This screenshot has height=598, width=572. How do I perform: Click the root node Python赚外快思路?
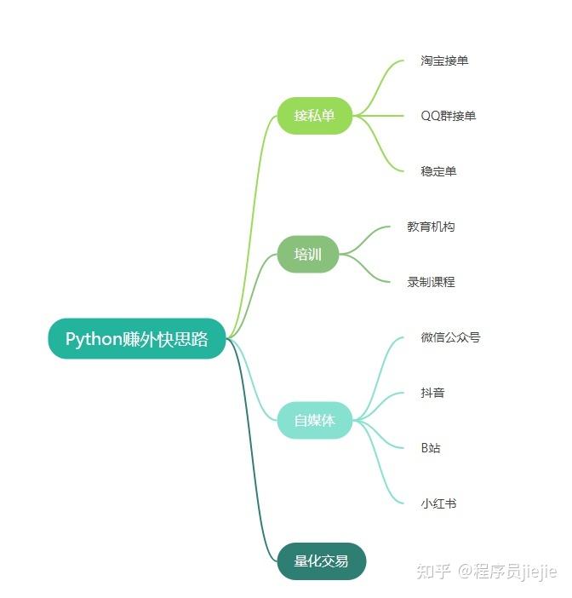pos(137,339)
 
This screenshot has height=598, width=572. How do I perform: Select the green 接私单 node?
pos(315,115)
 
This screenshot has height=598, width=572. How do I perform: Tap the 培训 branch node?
pos(308,254)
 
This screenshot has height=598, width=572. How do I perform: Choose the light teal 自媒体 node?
pos(315,420)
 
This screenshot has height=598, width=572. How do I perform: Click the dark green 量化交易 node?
pos(321,561)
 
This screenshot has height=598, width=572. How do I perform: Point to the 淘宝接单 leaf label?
pos(444,60)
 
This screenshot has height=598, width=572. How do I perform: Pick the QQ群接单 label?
pos(449,116)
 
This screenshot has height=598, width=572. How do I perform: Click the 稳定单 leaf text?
pos(438,171)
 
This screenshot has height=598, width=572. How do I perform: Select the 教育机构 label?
pos(431,227)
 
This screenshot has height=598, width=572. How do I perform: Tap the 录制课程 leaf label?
pos(431,282)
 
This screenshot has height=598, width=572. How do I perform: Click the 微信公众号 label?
pos(450,337)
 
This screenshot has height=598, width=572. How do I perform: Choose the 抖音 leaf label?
pos(432,393)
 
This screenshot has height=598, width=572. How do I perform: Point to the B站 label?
pos(431,448)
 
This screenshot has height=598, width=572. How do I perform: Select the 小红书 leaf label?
pos(438,503)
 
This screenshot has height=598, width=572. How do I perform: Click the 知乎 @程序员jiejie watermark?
pos(484,571)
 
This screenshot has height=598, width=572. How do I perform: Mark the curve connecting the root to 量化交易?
pos(253,477)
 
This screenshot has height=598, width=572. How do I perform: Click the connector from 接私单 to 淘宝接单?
pos(379,81)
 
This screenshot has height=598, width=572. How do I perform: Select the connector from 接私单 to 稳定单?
pos(379,149)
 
